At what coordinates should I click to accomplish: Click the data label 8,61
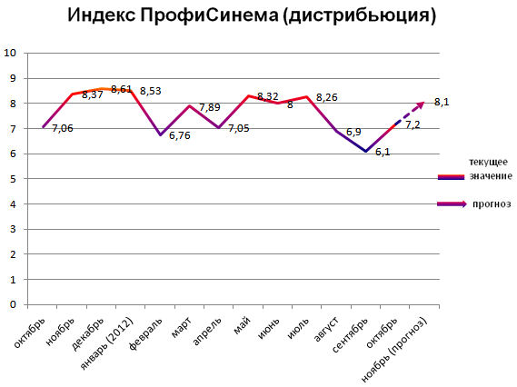121,89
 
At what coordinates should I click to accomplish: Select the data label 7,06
63,129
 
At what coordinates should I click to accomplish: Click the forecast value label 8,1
442,103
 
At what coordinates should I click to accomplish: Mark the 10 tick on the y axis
12,53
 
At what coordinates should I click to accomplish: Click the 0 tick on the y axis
15,305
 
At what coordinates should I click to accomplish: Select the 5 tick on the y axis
15,179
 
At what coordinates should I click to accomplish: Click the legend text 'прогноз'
492,204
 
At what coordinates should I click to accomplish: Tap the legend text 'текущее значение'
490,168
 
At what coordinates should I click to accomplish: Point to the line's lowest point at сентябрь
365,152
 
